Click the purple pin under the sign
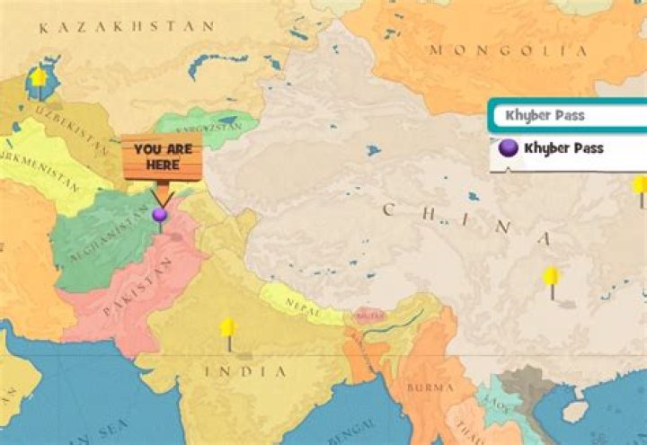click(160, 215)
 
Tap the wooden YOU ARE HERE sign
click(162, 158)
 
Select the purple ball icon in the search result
click(509, 148)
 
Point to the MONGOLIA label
click(509, 50)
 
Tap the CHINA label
click(467, 224)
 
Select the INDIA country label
click(246, 370)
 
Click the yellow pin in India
click(228, 328)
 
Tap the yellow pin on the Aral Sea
click(39, 77)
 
